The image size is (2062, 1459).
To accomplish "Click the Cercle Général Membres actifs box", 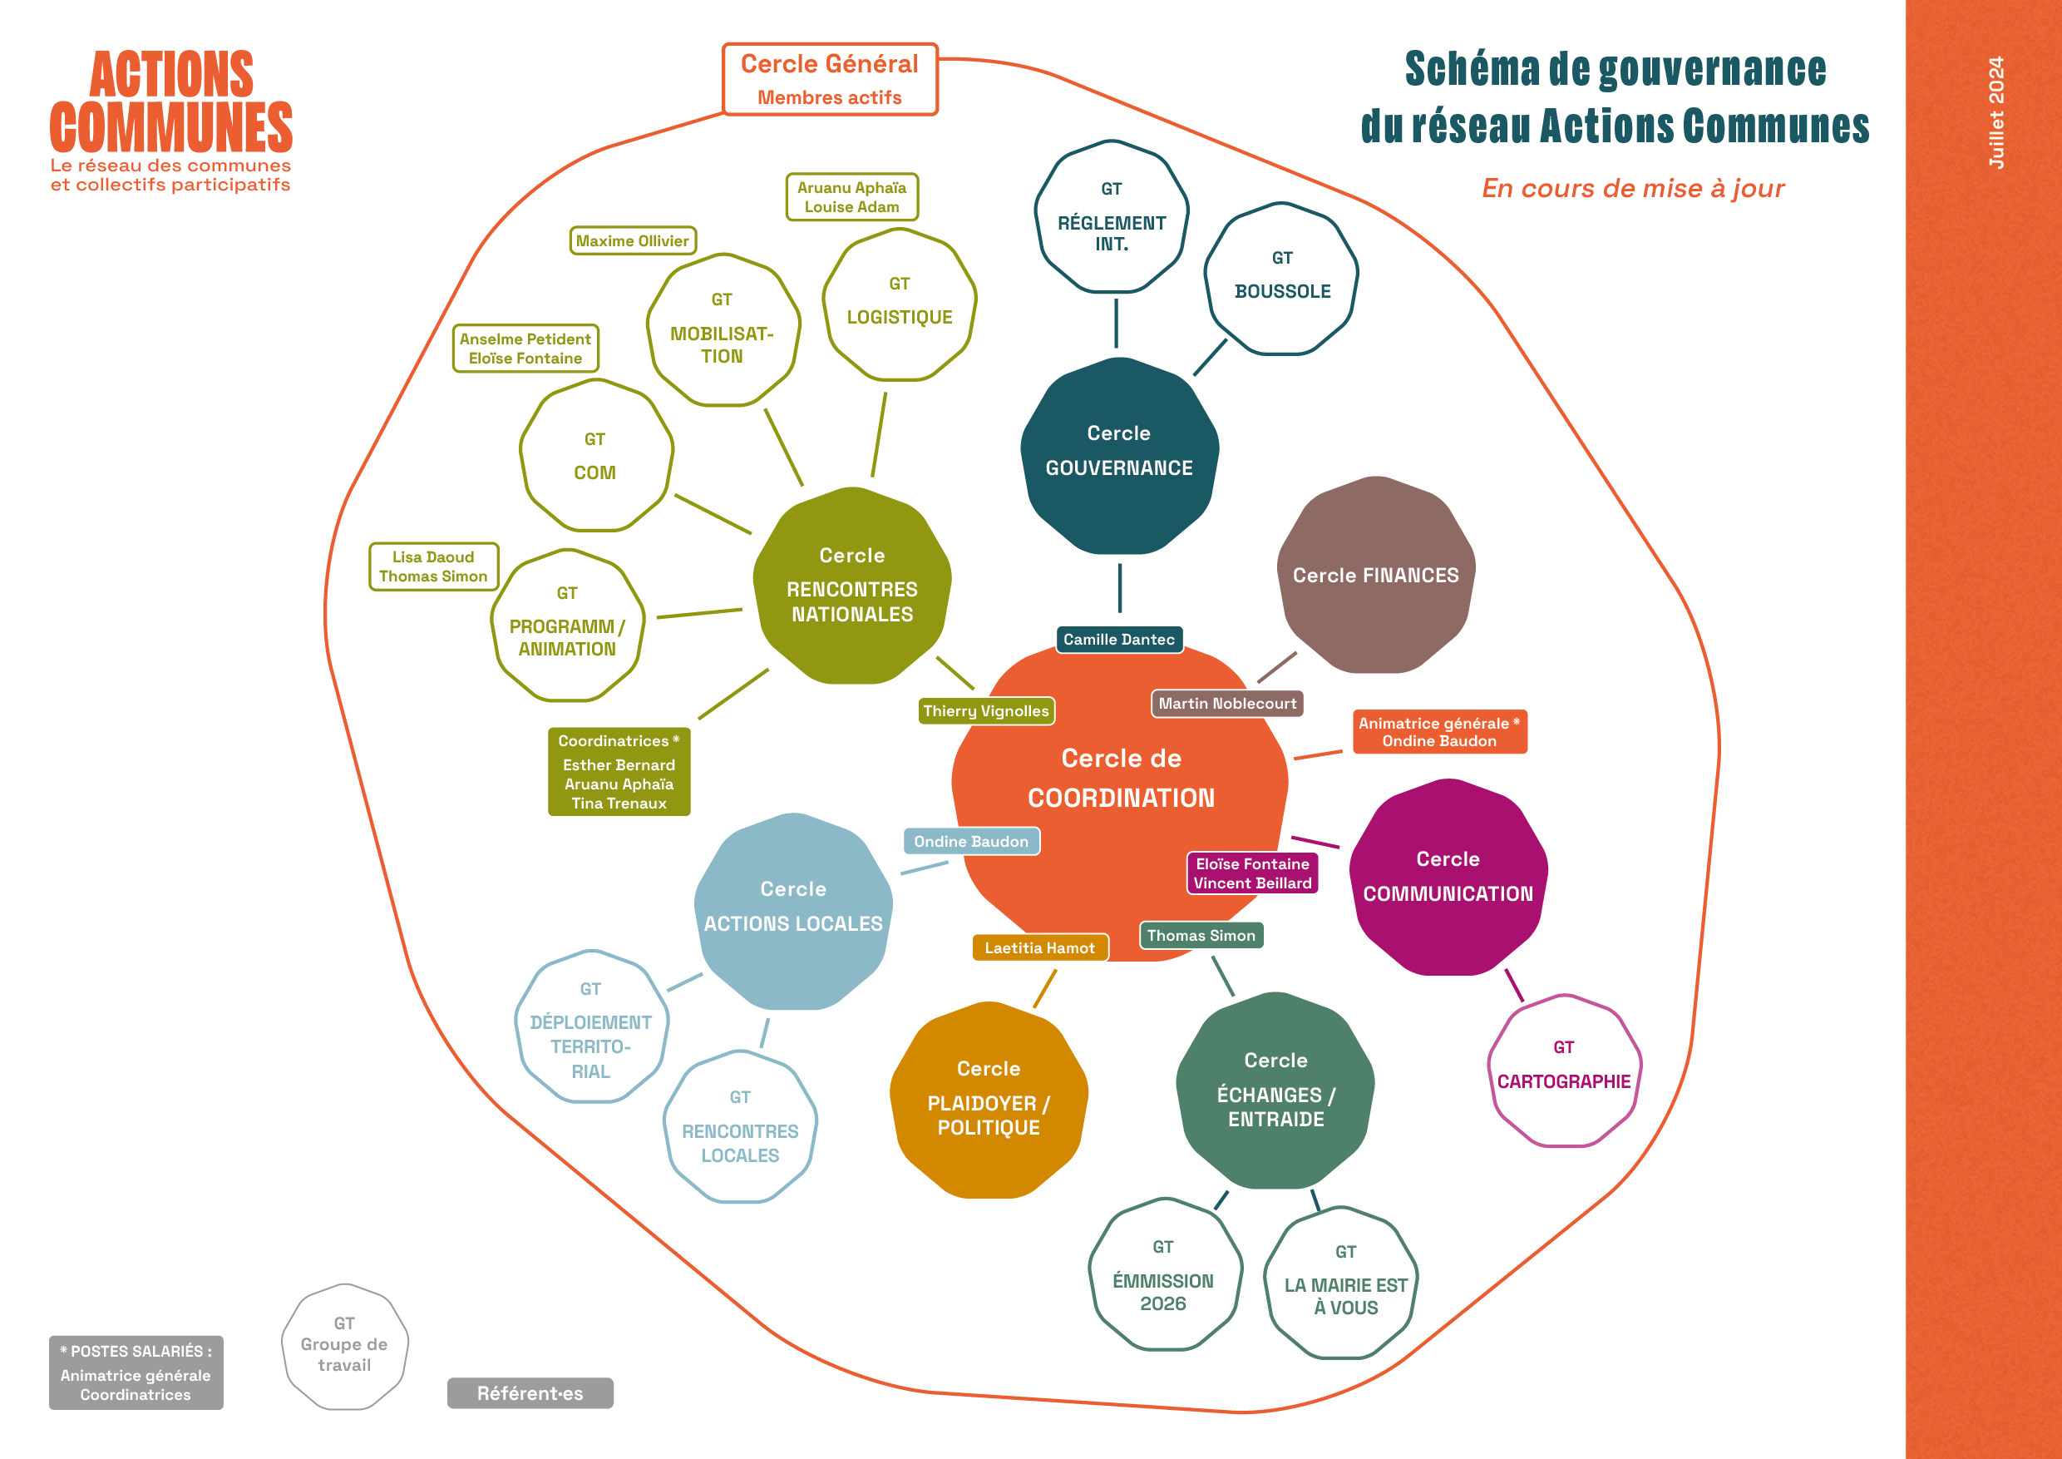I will (829, 79).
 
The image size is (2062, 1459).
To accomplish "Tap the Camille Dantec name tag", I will (1118, 640).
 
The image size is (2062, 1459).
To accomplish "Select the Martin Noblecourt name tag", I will (1226, 704).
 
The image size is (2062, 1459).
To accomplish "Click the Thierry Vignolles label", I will (985, 710).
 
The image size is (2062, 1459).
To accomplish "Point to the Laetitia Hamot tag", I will (1039, 947).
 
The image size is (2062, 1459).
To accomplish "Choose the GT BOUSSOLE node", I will (1281, 279).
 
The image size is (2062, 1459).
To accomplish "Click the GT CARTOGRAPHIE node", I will (1564, 1070).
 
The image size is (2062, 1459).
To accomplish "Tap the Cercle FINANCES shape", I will (1375, 575).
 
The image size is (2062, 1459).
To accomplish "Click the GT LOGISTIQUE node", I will (899, 304).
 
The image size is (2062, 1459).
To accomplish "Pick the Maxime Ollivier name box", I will (632, 240).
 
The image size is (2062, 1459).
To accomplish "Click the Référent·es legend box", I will (530, 1392).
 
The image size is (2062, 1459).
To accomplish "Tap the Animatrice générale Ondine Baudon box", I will (1438, 732).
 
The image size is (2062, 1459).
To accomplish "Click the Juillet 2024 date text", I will (1995, 112).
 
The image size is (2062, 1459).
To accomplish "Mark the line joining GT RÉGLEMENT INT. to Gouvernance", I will (1117, 324).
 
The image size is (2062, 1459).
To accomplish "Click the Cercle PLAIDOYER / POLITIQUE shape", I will (988, 1100).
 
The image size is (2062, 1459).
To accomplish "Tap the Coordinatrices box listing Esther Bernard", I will (619, 772).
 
